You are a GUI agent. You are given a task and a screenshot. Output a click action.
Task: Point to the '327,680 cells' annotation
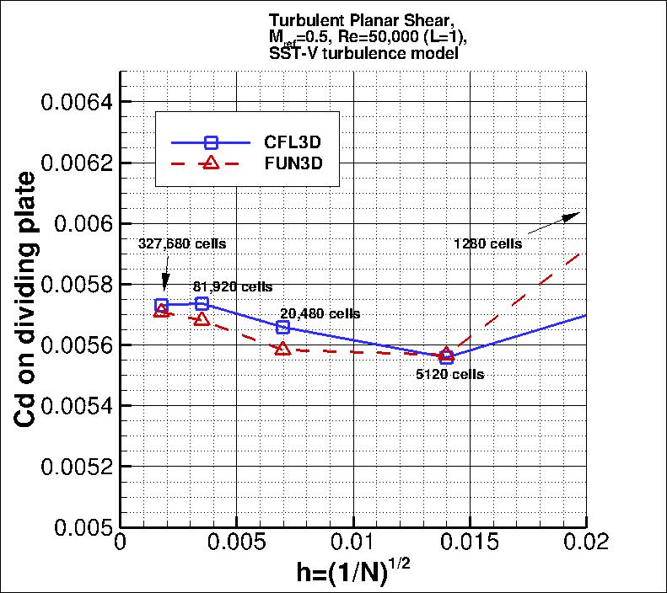coord(182,243)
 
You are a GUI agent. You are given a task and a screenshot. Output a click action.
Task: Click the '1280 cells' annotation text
coord(487,243)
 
